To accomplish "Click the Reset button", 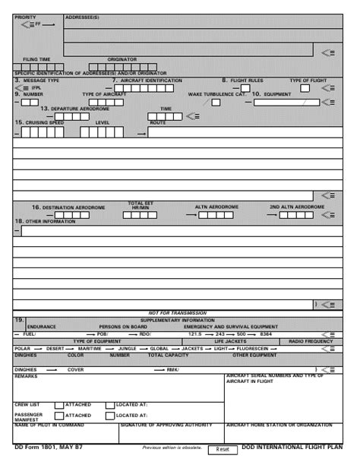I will [x=222, y=450].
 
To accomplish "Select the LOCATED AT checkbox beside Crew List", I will [x=109, y=405].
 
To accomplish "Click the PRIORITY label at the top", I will [x=25, y=16].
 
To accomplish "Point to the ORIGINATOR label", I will [x=122, y=59].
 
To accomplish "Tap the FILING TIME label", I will [x=36, y=59].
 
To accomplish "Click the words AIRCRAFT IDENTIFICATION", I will [x=150, y=80].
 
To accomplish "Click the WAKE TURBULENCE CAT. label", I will [x=217, y=94].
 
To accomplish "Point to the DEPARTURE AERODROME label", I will [x=75, y=109].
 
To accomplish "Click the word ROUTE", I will [x=158, y=122].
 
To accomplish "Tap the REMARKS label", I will [x=26, y=375].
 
